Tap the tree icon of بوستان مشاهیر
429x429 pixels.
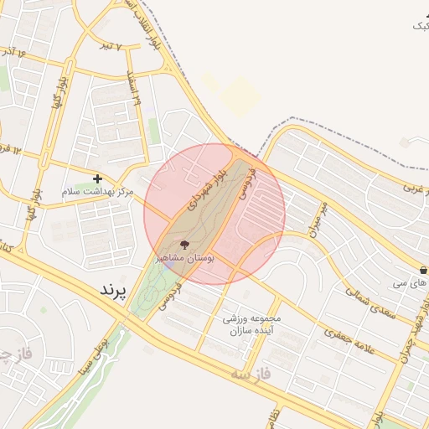185,245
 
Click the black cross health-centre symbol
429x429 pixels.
97,178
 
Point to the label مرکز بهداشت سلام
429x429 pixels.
97,192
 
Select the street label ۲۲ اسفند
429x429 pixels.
132,87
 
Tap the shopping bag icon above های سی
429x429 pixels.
423,271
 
